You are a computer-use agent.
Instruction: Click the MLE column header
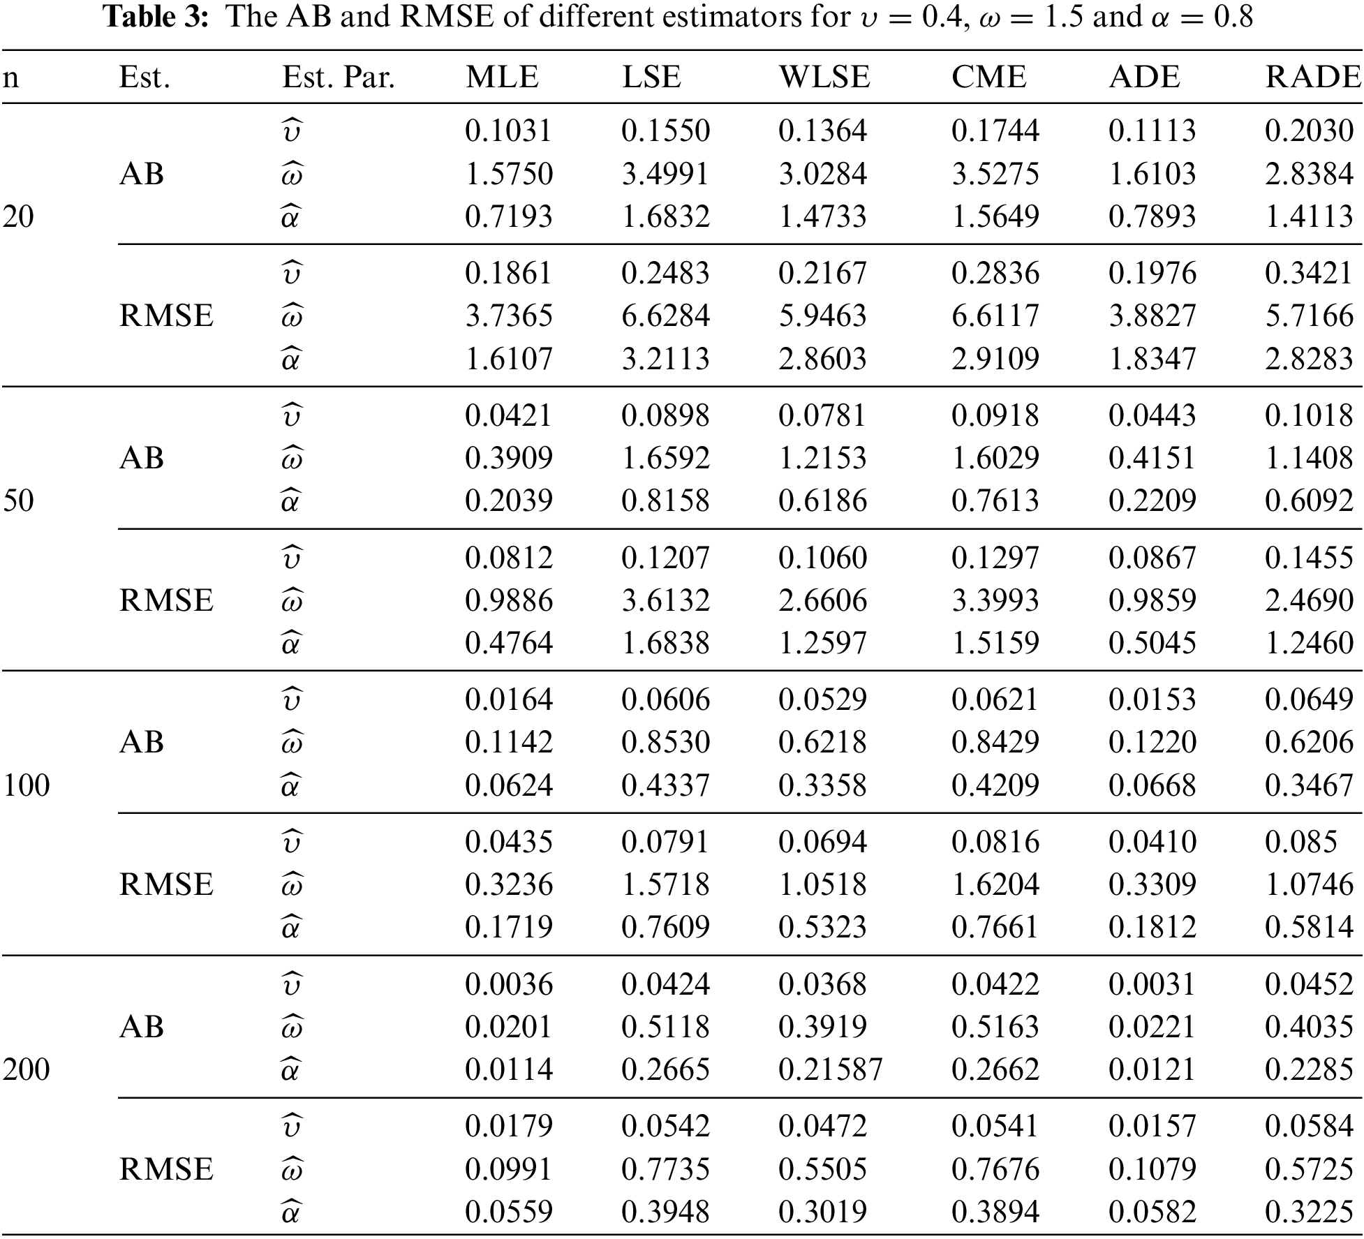(x=502, y=77)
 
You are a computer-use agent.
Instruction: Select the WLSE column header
(x=824, y=77)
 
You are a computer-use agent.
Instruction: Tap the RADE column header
(x=1313, y=77)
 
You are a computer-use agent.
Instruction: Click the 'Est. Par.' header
(x=339, y=77)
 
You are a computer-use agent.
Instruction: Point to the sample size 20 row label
(x=18, y=216)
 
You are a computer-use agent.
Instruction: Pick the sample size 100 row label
(x=27, y=785)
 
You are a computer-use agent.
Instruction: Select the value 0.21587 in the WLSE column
(x=831, y=1069)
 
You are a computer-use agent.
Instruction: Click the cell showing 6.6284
(x=665, y=316)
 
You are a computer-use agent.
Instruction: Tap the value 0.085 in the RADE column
(x=1301, y=842)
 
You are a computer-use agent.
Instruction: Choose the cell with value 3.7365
(x=509, y=316)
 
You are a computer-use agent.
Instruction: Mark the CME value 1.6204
(x=995, y=884)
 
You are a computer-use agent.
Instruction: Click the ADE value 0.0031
(x=1152, y=984)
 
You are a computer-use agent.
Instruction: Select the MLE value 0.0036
(x=509, y=984)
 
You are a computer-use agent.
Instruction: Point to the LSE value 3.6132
(x=665, y=600)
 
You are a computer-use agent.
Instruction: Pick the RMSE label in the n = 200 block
(x=166, y=1169)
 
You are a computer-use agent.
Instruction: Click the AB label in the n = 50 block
(x=142, y=458)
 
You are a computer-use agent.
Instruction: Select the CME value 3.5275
(x=995, y=174)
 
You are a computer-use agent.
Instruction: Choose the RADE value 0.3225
(x=1309, y=1212)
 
